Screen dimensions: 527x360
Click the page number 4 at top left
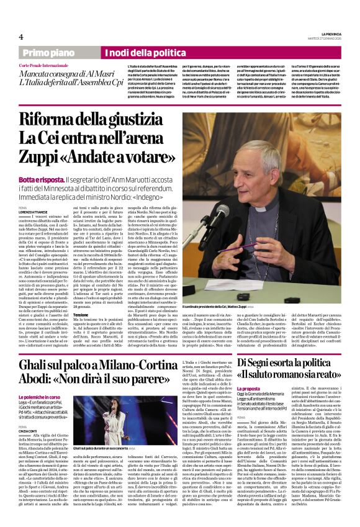pos(21,37)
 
